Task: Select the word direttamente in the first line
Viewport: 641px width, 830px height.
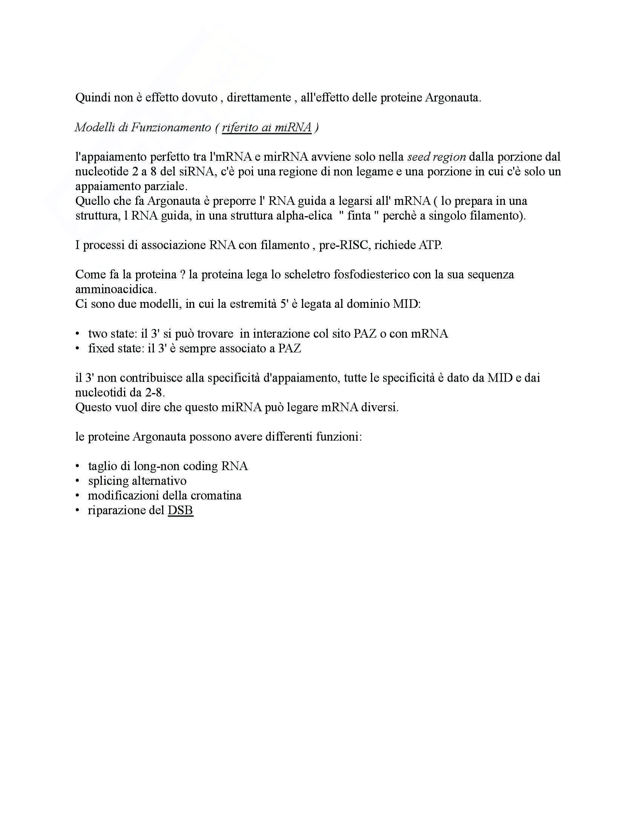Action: [x=259, y=98]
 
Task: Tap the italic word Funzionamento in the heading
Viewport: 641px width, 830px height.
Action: [x=170, y=127]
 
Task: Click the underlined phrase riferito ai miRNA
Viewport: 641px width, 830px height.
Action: [x=267, y=127]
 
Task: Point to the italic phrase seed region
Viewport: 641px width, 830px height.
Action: [x=436, y=157]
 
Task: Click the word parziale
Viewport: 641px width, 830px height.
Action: [x=168, y=186]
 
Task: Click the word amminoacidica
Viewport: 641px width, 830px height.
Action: [x=115, y=289]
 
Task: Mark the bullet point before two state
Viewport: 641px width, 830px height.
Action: [x=78, y=334]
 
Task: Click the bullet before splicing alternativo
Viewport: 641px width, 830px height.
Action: [x=78, y=481]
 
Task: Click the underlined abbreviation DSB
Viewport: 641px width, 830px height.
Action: [x=180, y=510]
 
